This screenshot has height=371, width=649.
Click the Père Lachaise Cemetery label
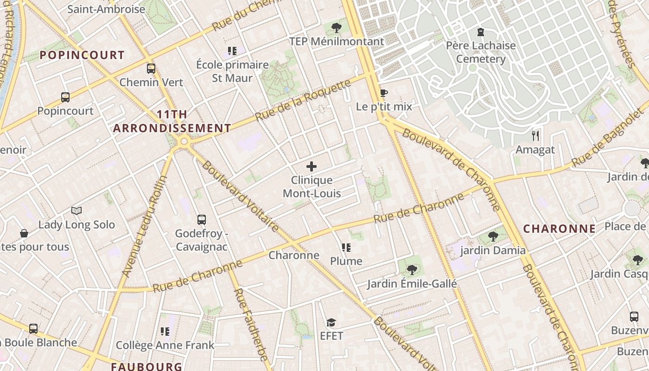pyautogui.click(x=480, y=52)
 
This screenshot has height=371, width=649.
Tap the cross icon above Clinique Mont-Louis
pyautogui.click(x=312, y=166)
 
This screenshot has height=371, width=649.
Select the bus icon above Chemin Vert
pyautogui.click(x=151, y=69)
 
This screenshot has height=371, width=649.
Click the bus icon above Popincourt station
pyautogui.click(x=65, y=97)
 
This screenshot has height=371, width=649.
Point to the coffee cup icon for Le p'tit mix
pyautogui.click(x=383, y=93)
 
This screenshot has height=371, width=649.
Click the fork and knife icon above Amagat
pyautogui.click(x=535, y=135)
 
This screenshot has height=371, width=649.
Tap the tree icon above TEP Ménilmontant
pyautogui.click(x=337, y=28)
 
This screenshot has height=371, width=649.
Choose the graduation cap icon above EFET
pyautogui.click(x=331, y=322)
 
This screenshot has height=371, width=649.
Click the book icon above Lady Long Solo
pyautogui.click(x=76, y=211)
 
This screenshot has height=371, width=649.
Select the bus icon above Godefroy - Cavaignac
pyautogui.click(x=201, y=220)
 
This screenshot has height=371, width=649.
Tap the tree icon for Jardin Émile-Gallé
pyautogui.click(x=412, y=269)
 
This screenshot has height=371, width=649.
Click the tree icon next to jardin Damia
pyautogui.click(x=493, y=237)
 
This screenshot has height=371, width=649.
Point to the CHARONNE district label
pyautogui.click(x=559, y=229)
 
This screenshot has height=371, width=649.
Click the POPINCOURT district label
pyautogui.click(x=82, y=55)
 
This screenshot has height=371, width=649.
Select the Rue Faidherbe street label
pyautogui.click(x=251, y=325)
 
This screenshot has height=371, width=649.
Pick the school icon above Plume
pyautogui.click(x=346, y=248)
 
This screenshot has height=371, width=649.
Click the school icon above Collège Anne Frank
pyautogui.click(x=165, y=332)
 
